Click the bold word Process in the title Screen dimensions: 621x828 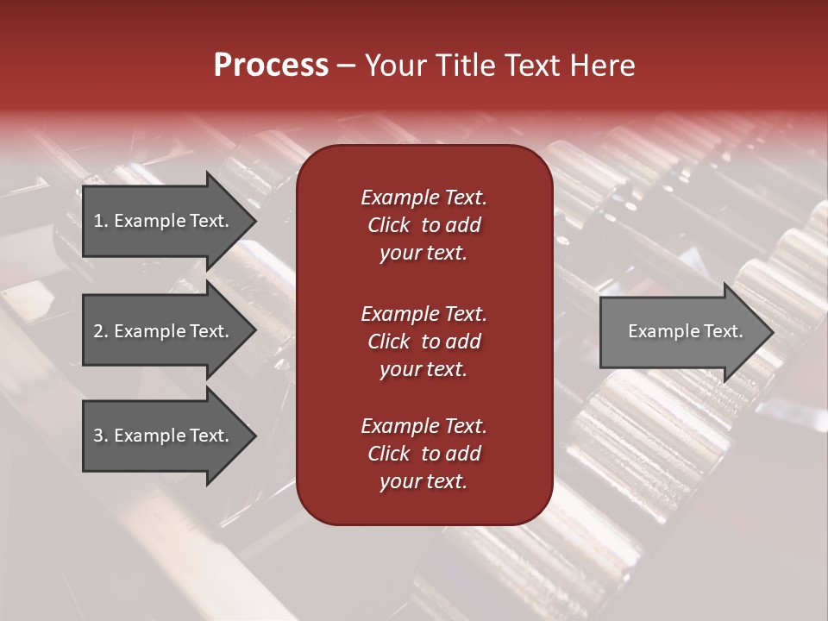pos(271,65)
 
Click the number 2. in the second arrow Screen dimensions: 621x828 pos(101,331)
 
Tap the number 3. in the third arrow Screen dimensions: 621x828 pos(101,436)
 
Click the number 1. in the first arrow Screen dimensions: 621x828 pos(101,221)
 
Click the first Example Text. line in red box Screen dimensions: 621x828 pos(423,198)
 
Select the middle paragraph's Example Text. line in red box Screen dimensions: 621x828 pos(423,313)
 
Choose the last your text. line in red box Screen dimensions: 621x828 pos(423,482)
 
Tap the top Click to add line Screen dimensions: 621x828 pos(423,225)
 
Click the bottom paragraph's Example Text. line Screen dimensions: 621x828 pos(423,426)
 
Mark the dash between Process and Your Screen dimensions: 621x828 pos(347,66)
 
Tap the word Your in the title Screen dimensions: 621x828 pos(392,65)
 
